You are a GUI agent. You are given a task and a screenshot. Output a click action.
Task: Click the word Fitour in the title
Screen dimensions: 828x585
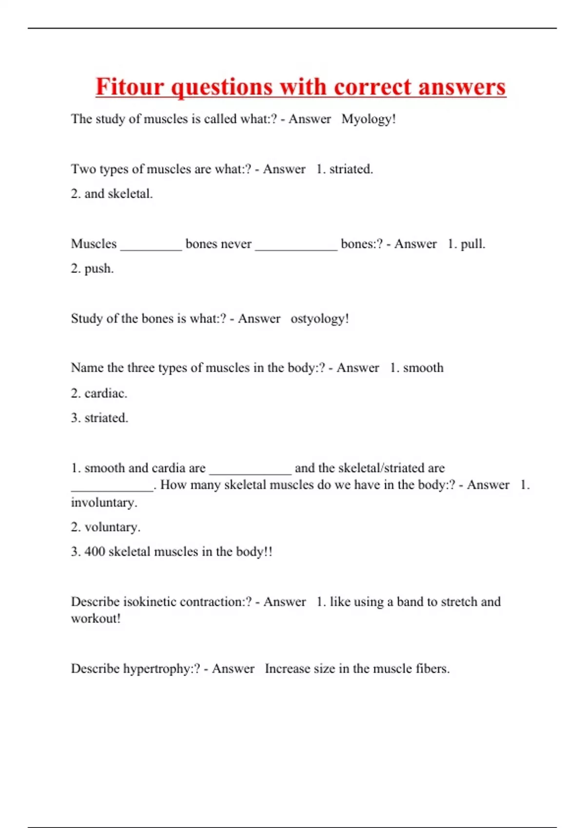pos(130,87)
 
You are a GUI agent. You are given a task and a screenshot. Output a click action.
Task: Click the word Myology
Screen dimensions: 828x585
pos(367,119)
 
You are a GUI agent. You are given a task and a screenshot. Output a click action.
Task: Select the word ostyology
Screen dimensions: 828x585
pos(317,319)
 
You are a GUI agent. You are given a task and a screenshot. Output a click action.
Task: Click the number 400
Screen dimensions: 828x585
pos(95,551)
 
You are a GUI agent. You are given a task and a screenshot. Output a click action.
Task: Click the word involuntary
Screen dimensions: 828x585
pos(103,502)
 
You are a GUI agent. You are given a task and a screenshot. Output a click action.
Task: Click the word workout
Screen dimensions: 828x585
pos(94,619)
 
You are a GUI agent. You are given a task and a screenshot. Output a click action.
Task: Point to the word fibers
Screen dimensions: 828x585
pos(431,669)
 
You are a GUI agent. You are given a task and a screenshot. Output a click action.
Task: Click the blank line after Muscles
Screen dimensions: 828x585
pos(151,248)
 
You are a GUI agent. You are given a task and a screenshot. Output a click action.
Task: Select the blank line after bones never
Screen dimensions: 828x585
pos(296,248)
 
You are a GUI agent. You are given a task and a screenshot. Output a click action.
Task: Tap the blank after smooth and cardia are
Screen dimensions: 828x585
pos(250,472)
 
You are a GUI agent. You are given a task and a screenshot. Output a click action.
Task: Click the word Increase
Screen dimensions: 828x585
pos(287,669)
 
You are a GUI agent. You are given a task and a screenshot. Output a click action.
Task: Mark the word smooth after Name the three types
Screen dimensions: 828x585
pos(423,368)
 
